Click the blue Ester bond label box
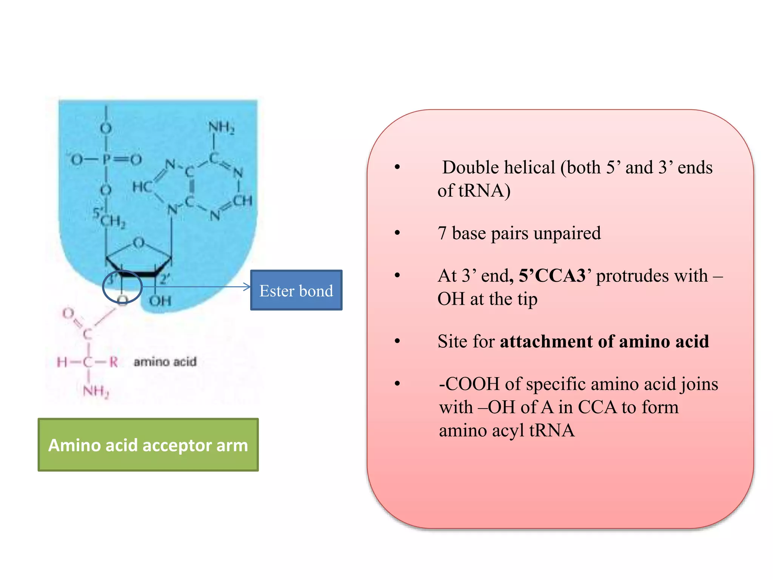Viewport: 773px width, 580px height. pos(296,290)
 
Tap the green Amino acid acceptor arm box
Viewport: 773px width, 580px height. pos(148,445)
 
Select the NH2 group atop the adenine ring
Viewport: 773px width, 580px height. pos(222,128)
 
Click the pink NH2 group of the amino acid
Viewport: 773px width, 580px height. pos(96,391)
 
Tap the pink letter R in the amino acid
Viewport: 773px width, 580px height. pos(113,362)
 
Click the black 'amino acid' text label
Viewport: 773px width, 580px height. pos(165,362)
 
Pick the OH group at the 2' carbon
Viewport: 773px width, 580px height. pos(160,301)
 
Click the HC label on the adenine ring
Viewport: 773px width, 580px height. pos(142,187)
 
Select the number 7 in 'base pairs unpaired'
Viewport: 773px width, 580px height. pos(442,233)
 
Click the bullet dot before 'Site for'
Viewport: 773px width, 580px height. pos(397,341)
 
